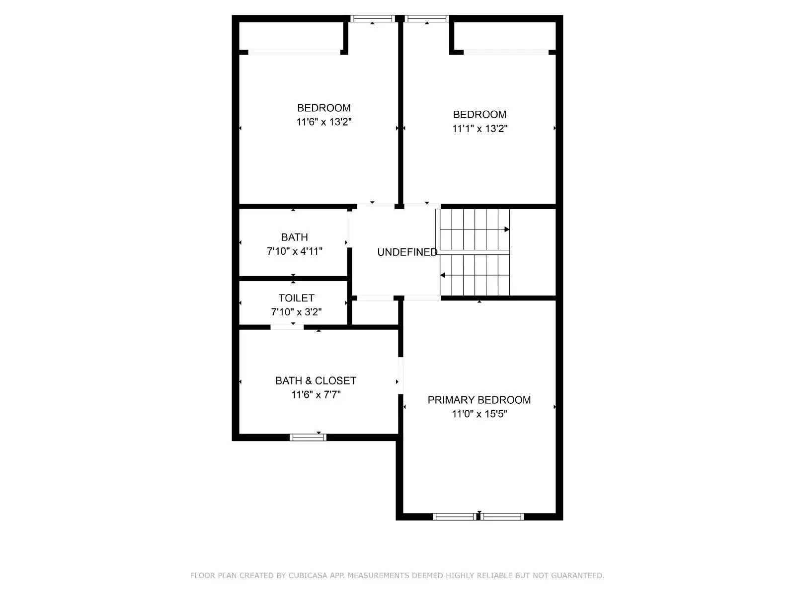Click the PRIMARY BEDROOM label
pyautogui.click(x=479, y=400)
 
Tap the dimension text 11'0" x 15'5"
pyautogui.click(x=479, y=414)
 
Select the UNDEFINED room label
pyautogui.click(x=407, y=252)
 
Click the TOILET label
pyautogui.click(x=296, y=298)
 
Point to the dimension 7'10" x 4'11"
pyautogui.click(x=295, y=251)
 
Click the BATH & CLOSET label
pyautogui.click(x=316, y=380)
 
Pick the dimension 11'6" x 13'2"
pyautogui.click(x=324, y=122)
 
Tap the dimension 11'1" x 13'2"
pyautogui.click(x=479, y=129)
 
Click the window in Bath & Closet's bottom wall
pyautogui.click(x=308, y=437)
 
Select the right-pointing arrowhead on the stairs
pyautogui.click(x=507, y=229)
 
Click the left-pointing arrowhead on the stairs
pyautogui.click(x=443, y=275)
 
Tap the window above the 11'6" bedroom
pyautogui.click(x=372, y=19)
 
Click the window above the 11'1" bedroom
pyautogui.click(x=426, y=19)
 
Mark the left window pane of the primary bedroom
pyautogui.click(x=455, y=517)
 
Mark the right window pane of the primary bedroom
pyautogui.click(x=502, y=517)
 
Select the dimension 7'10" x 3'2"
pyautogui.click(x=296, y=312)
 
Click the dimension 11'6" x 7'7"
pyautogui.click(x=316, y=395)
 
